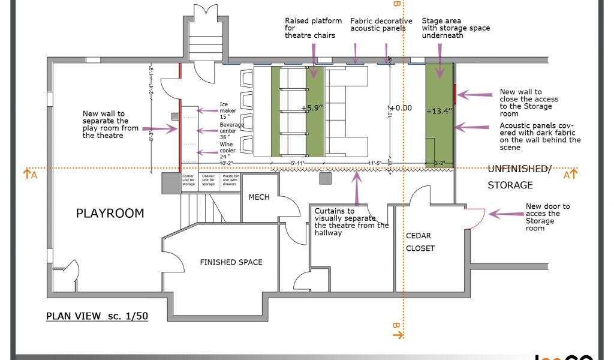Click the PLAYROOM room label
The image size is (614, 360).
point(110,213)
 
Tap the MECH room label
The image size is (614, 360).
point(259,197)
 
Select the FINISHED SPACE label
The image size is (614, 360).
point(231,262)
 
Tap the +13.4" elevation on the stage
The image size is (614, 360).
point(439,111)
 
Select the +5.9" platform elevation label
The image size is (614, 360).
point(313,108)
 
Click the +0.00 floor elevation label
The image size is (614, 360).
point(399,108)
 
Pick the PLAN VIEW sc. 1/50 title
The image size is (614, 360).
point(97,316)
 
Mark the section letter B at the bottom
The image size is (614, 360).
point(396,326)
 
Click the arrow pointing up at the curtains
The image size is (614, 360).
point(357,189)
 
